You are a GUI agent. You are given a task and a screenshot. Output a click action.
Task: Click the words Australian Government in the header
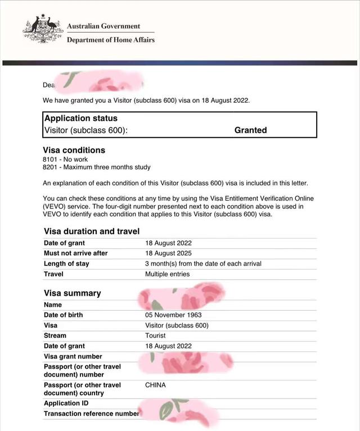[x=103, y=26]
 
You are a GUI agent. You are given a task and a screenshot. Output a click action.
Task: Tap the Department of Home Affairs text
[x=110, y=40]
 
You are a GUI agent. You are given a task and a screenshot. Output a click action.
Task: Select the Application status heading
[x=81, y=119]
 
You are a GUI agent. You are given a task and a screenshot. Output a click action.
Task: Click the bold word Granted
[x=250, y=130]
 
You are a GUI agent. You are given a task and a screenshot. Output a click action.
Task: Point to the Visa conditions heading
[x=74, y=150]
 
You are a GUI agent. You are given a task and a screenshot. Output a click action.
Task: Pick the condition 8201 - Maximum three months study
[x=97, y=167]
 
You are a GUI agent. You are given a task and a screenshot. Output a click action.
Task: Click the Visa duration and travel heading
[x=92, y=231]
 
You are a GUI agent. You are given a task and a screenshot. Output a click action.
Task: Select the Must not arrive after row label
[x=75, y=253]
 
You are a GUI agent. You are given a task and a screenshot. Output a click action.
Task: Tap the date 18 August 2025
[x=168, y=253]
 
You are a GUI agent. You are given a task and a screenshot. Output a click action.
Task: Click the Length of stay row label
[x=66, y=264]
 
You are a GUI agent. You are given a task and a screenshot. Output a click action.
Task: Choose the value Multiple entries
[x=168, y=274]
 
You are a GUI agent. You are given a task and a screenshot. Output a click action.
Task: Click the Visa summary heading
[x=73, y=293]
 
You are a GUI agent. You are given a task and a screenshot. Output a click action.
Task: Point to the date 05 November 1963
[x=173, y=315]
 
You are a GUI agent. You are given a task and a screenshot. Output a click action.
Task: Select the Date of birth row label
[x=63, y=315]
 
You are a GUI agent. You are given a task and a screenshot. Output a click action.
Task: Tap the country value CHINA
[x=155, y=385]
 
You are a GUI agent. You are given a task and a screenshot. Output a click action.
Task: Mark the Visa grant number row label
[x=73, y=356]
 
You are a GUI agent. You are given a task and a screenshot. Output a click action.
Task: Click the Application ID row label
[x=66, y=403]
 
